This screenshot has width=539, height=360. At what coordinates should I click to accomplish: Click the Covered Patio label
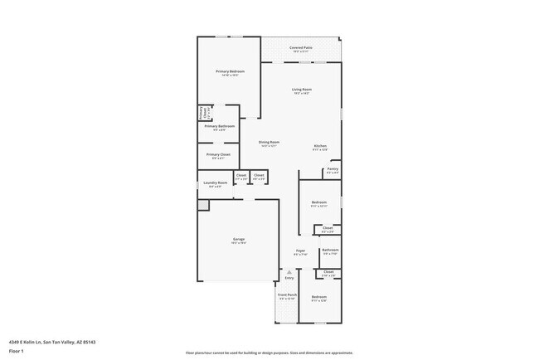coord(301,48)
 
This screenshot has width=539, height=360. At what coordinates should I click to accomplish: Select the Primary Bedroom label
coord(230,71)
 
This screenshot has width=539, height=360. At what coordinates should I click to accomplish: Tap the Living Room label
coord(301,90)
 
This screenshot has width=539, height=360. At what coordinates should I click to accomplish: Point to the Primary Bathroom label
coord(219,126)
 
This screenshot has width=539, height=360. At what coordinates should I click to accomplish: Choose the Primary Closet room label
coord(219,154)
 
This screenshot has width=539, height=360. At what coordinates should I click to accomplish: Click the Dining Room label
coord(269,142)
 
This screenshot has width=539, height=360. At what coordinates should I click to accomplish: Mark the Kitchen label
coord(320,146)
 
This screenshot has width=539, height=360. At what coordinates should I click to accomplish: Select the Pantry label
coord(332,169)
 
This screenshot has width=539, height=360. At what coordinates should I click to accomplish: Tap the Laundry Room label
coord(216,182)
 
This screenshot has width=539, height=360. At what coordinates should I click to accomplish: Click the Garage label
coord(238,240)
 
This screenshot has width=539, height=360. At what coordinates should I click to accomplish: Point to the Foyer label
coord(300,251)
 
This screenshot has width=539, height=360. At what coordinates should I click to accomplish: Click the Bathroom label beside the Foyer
coord(330,250)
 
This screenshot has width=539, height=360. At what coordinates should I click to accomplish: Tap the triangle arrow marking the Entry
coord(289,271)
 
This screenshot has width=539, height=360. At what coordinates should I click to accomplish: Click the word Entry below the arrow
coord(289,278)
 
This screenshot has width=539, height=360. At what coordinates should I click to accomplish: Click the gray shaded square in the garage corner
coord(202,204)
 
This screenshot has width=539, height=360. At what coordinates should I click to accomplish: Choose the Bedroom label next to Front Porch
coord(319,297)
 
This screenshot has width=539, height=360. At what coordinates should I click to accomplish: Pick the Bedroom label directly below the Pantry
coord(319,202)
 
